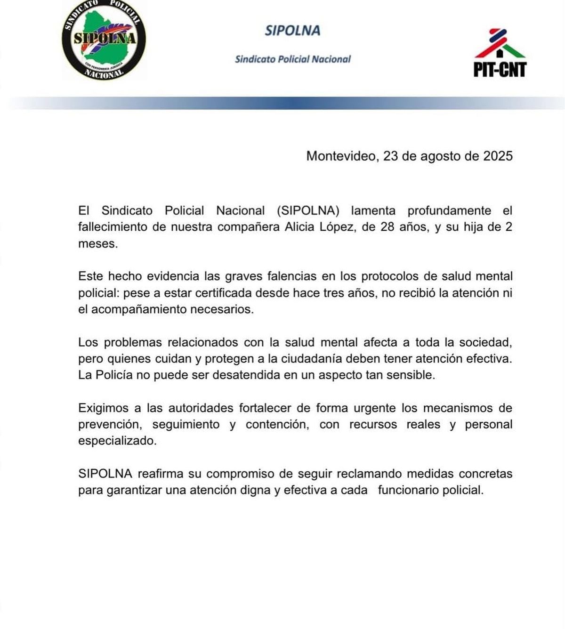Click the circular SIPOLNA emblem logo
[104, 40]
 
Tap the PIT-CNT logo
[500, 53]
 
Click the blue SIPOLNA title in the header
[292, 31]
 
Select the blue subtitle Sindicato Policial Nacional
[293, 59]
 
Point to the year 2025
[498, 156]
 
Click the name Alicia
[299, 227]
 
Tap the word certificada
[223, 293]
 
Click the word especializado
[117, 441]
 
